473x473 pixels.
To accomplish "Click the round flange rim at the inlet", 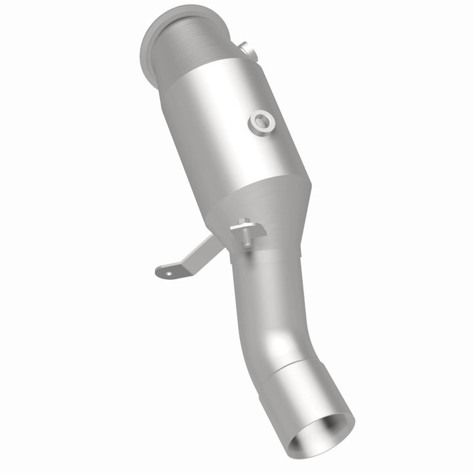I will coord(150,39).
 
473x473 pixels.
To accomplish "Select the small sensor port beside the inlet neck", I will coord(246,49).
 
